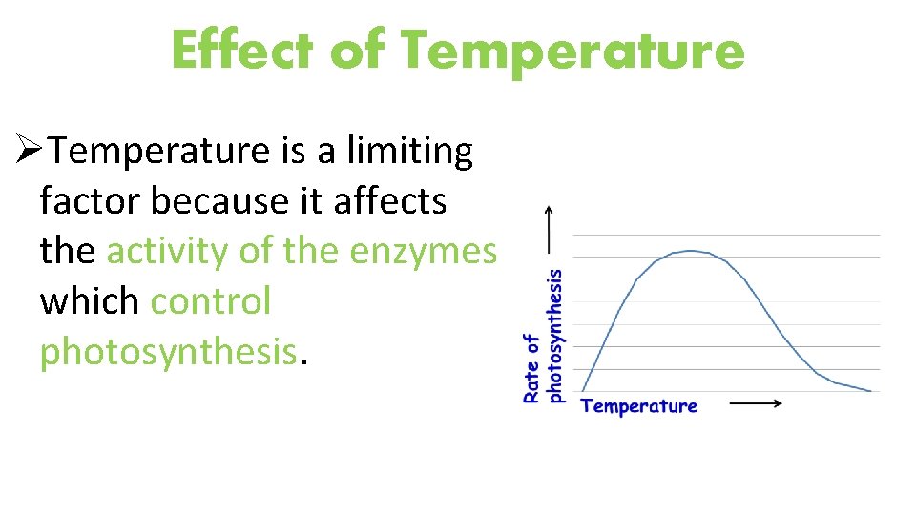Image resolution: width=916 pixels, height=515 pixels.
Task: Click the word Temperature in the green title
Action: [x=572, y=51]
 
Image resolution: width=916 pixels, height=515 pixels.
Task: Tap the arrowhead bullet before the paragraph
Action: [x=31, y=151]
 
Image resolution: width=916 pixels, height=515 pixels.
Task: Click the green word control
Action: [x=211, y=301]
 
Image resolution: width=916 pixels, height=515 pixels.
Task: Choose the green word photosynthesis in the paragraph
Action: [x=168, y=352]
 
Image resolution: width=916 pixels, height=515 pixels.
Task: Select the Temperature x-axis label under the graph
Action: [x=638, y=406]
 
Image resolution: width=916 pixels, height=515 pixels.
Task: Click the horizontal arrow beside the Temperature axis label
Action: [x=756, y=403]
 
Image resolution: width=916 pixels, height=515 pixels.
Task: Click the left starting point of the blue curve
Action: [x=583, y=390]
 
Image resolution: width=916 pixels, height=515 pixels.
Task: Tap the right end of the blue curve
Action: [x=870, y=390]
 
